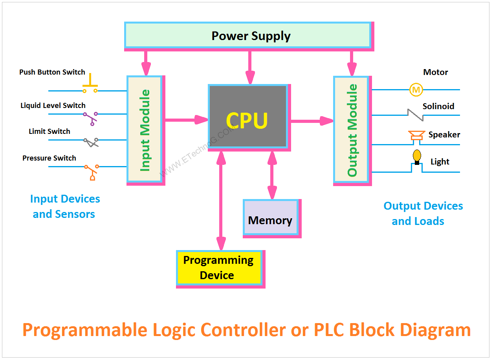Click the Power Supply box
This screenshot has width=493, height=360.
pyautogui.click(x=247, y=35)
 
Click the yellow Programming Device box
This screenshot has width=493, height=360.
pyautogui.click(x=219, y=267)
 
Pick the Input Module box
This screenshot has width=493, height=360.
pyautogui.click(x=145, y=129)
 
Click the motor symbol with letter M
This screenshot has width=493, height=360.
pyautogui.click(x=416, y=90)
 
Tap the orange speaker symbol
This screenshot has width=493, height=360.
pyautogui.click(x=416, y=136)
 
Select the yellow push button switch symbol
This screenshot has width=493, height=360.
pyautogui.click(x=90, y=84)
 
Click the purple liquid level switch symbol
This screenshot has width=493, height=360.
pyautogui.click(x=91, y=117)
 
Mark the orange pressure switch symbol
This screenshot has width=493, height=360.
pyautogui.click(x=91, y=172)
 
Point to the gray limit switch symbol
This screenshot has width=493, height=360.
pyautogui.click(x=91, y=142)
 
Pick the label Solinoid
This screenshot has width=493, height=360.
pyautogui.click(x=438, y=106)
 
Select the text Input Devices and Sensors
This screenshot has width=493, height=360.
pyautogui.click(x=65, y=206)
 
